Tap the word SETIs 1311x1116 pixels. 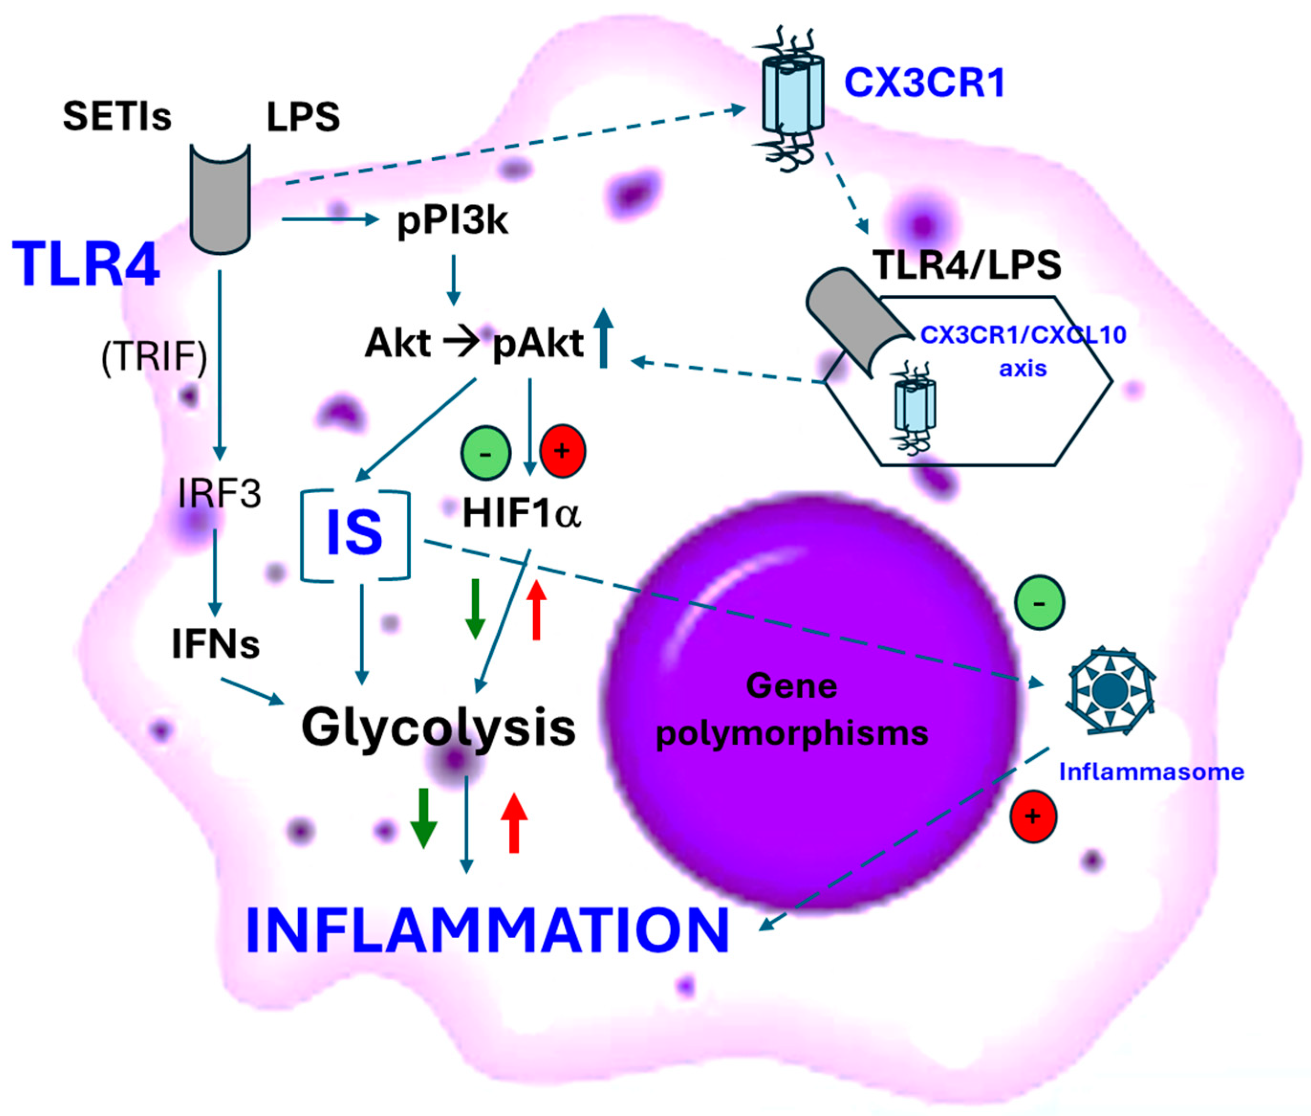tap(117, 117)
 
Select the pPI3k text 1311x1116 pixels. tap(451, 221)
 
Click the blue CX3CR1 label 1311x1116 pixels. tap(924, 83)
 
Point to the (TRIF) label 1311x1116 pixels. tap(154, 358)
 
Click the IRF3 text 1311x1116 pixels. tap(219, 493)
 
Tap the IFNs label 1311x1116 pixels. tap(215, 645)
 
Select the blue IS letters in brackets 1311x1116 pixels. tap(354, 533)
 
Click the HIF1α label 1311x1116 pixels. tap(522, 513)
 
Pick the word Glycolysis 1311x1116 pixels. tap(438, 727)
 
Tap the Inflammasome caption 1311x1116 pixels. tap(1151, 772)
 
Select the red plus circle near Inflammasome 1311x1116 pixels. tap(1033, 816)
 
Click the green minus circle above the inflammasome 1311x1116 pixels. tap(1039, 603)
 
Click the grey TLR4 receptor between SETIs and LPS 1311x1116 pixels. tap(220, 199)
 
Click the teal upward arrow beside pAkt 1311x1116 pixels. tap(603, 338)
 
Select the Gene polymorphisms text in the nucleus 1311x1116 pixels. tap(792, 710)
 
